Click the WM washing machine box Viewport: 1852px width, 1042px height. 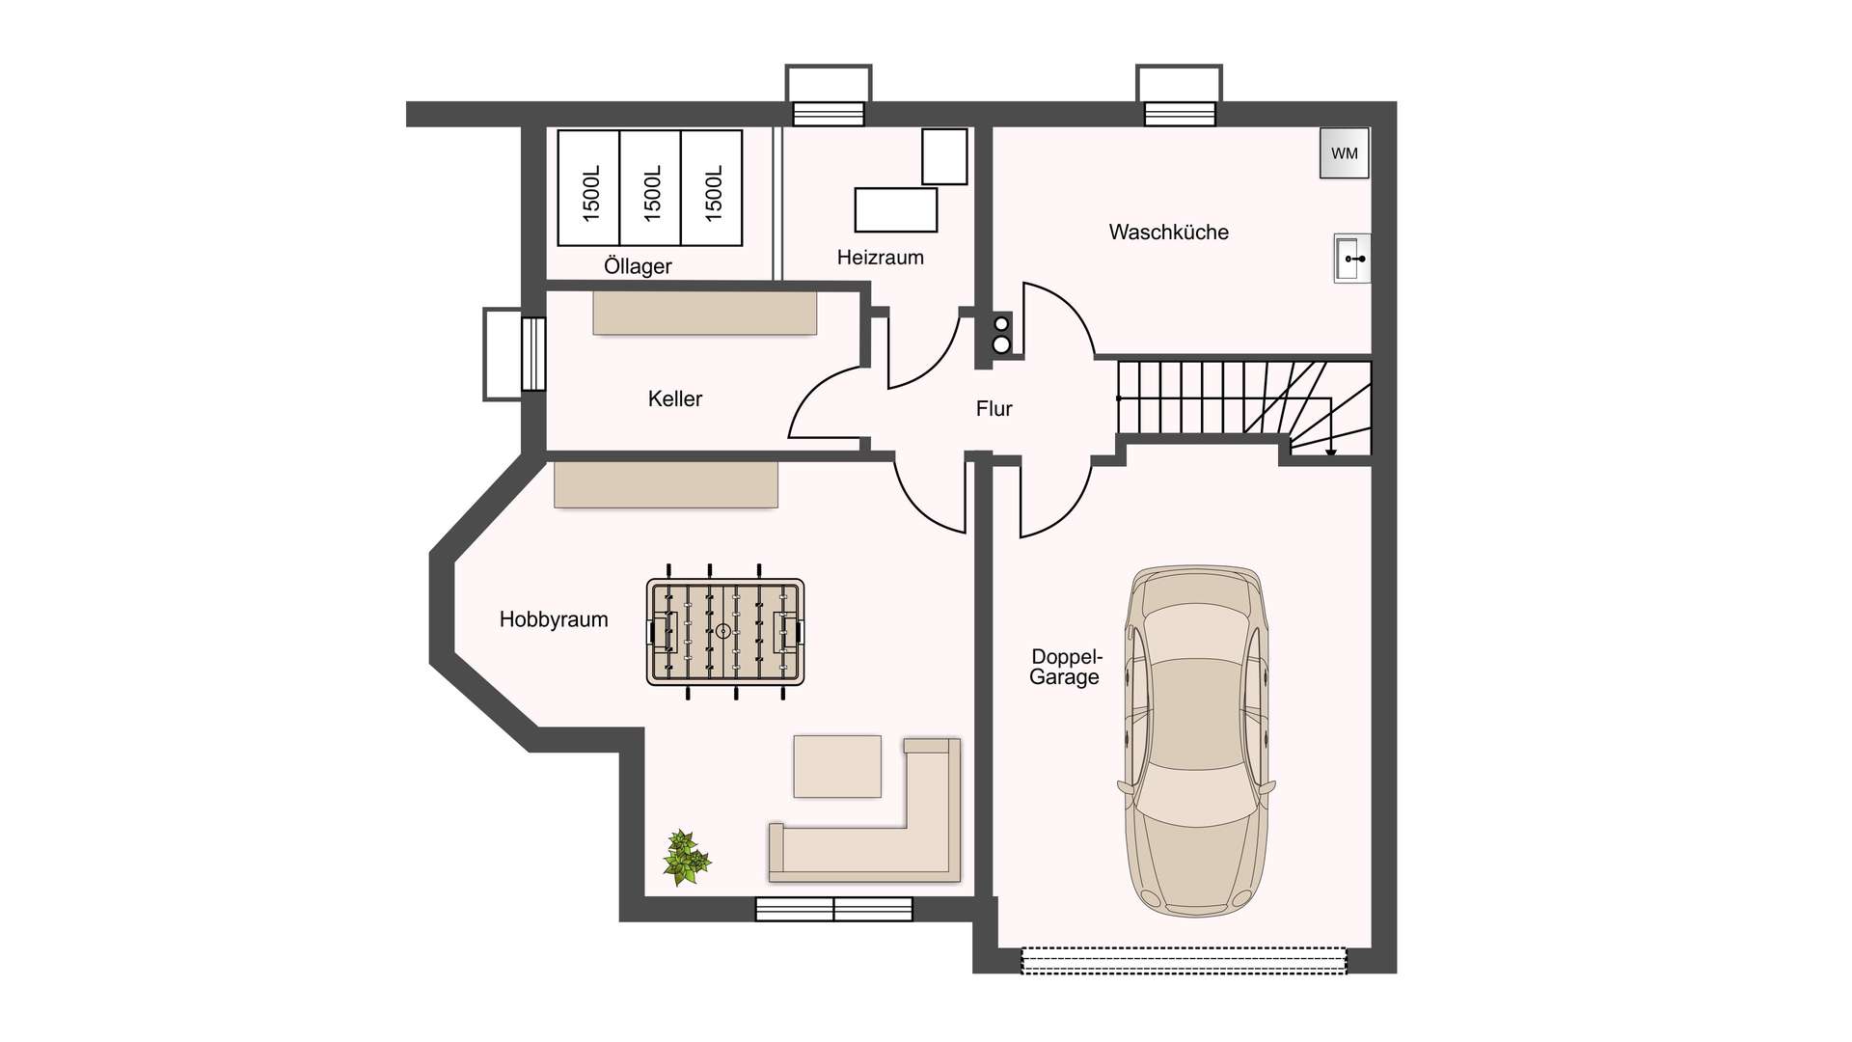(x=1345, y=153)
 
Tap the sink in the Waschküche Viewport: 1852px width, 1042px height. (x=1351, y=258)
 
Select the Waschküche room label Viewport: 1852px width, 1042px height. (x=1169, y=232)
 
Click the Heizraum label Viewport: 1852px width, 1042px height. (x=881, y=258)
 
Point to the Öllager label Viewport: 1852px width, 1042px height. (x=638, y=265)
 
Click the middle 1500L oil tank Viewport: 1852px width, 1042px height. (x=650, y=187)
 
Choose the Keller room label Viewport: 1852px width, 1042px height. (x=675, y=398)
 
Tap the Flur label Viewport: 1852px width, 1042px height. (x=994, y=409)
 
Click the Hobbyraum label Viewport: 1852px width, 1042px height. (x=554, y=619)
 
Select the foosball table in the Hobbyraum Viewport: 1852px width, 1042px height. (x=725, y=632)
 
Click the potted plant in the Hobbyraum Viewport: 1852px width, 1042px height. (x=686, y=857)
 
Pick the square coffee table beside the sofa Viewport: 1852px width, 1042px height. (x=837, y=766)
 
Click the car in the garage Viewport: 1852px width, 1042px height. (x=1196, y=741)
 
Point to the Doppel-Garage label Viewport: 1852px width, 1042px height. (x=1065, y=667)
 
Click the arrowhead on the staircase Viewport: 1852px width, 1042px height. (x=1331, y=452)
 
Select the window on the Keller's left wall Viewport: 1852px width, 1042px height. (x=533, y=353)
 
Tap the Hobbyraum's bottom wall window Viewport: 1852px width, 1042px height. (x=833, y=909)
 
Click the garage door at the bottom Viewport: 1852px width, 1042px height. (x=1184, y=960)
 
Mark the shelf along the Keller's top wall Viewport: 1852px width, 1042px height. (x=705, y=313)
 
